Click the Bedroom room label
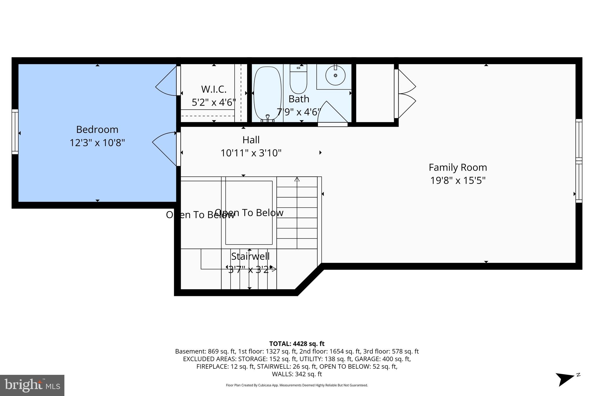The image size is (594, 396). pos(97,129)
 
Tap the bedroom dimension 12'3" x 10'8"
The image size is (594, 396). pos(97,143)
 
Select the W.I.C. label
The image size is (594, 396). pos(214,89)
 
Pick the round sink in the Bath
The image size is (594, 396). pos(335,75)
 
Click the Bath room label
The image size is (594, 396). pos(299,99)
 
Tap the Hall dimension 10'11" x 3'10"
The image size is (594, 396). pos(251,153)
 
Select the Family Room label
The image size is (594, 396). pos(458,167)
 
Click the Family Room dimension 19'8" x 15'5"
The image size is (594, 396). pos(458,180)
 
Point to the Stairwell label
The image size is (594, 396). pos(250,256)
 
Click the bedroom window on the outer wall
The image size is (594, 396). pos(15,132)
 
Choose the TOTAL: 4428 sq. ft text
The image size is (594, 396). pos(297,344)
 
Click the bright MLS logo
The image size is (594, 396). pos(32,385)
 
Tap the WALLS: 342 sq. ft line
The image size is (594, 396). pos(297,374)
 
